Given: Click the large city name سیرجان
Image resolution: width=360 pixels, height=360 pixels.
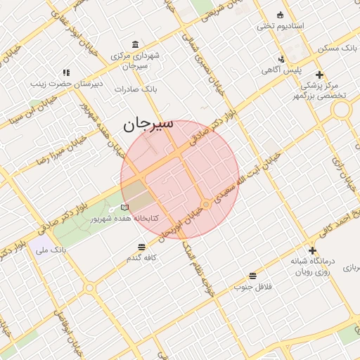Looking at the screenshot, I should pyautogui.click(x=148, y=125).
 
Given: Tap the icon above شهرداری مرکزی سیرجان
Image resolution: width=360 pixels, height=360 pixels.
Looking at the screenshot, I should pyautogui.click(x=135, y=43).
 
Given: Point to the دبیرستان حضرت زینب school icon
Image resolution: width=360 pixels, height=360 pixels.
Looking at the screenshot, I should pyautogui.click(x=66, y=72).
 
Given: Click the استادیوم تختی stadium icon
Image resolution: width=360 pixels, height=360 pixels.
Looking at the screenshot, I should pyautogui.click(x=281, y=15).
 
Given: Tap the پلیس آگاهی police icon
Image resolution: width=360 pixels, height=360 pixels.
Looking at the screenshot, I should pyautogui.click(x=281, y=59).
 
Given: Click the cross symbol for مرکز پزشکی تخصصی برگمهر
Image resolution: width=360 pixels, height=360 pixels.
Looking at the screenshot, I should pyautogui.click(x=319, y=75).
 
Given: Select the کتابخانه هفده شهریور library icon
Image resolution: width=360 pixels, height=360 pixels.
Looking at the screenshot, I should pyautogui.click(x=124, y=207).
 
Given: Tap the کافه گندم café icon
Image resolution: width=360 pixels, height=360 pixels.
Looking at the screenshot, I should pyautogui.click(x=142, y=247).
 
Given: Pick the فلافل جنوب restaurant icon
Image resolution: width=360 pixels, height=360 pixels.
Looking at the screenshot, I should pyautogui.click(x=252, y=275).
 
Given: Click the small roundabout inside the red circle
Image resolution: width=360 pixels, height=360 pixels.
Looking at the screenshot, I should pyautogui.click(x=205, y=204).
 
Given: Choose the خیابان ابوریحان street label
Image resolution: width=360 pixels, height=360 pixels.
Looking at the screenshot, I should pyautogui.click(x=179, y=223).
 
